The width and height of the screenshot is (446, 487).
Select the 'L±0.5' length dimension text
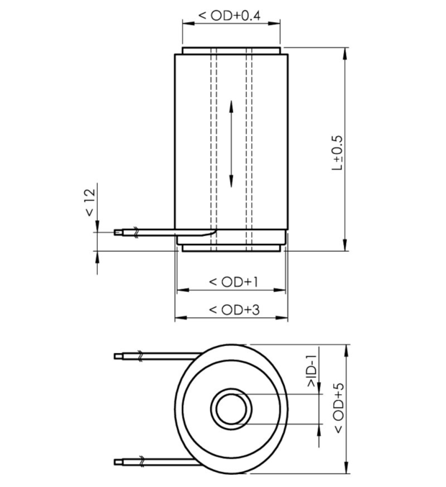337,153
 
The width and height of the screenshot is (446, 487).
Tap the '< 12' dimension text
89,203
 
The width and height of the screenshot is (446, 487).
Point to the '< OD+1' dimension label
232,281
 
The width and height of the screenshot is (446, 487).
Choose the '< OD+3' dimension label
232,309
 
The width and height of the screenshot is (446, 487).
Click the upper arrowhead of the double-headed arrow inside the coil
231,106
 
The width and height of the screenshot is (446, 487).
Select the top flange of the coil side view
231,52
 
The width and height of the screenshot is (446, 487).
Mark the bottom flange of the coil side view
231,248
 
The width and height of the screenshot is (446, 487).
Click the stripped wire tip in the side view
119,232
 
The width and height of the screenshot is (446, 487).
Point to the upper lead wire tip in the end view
121,355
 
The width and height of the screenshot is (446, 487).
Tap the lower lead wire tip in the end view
121,460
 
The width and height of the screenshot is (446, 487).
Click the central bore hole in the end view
231,409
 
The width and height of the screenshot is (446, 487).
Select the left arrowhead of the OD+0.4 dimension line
186,22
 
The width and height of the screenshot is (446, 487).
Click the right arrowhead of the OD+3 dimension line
283,318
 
